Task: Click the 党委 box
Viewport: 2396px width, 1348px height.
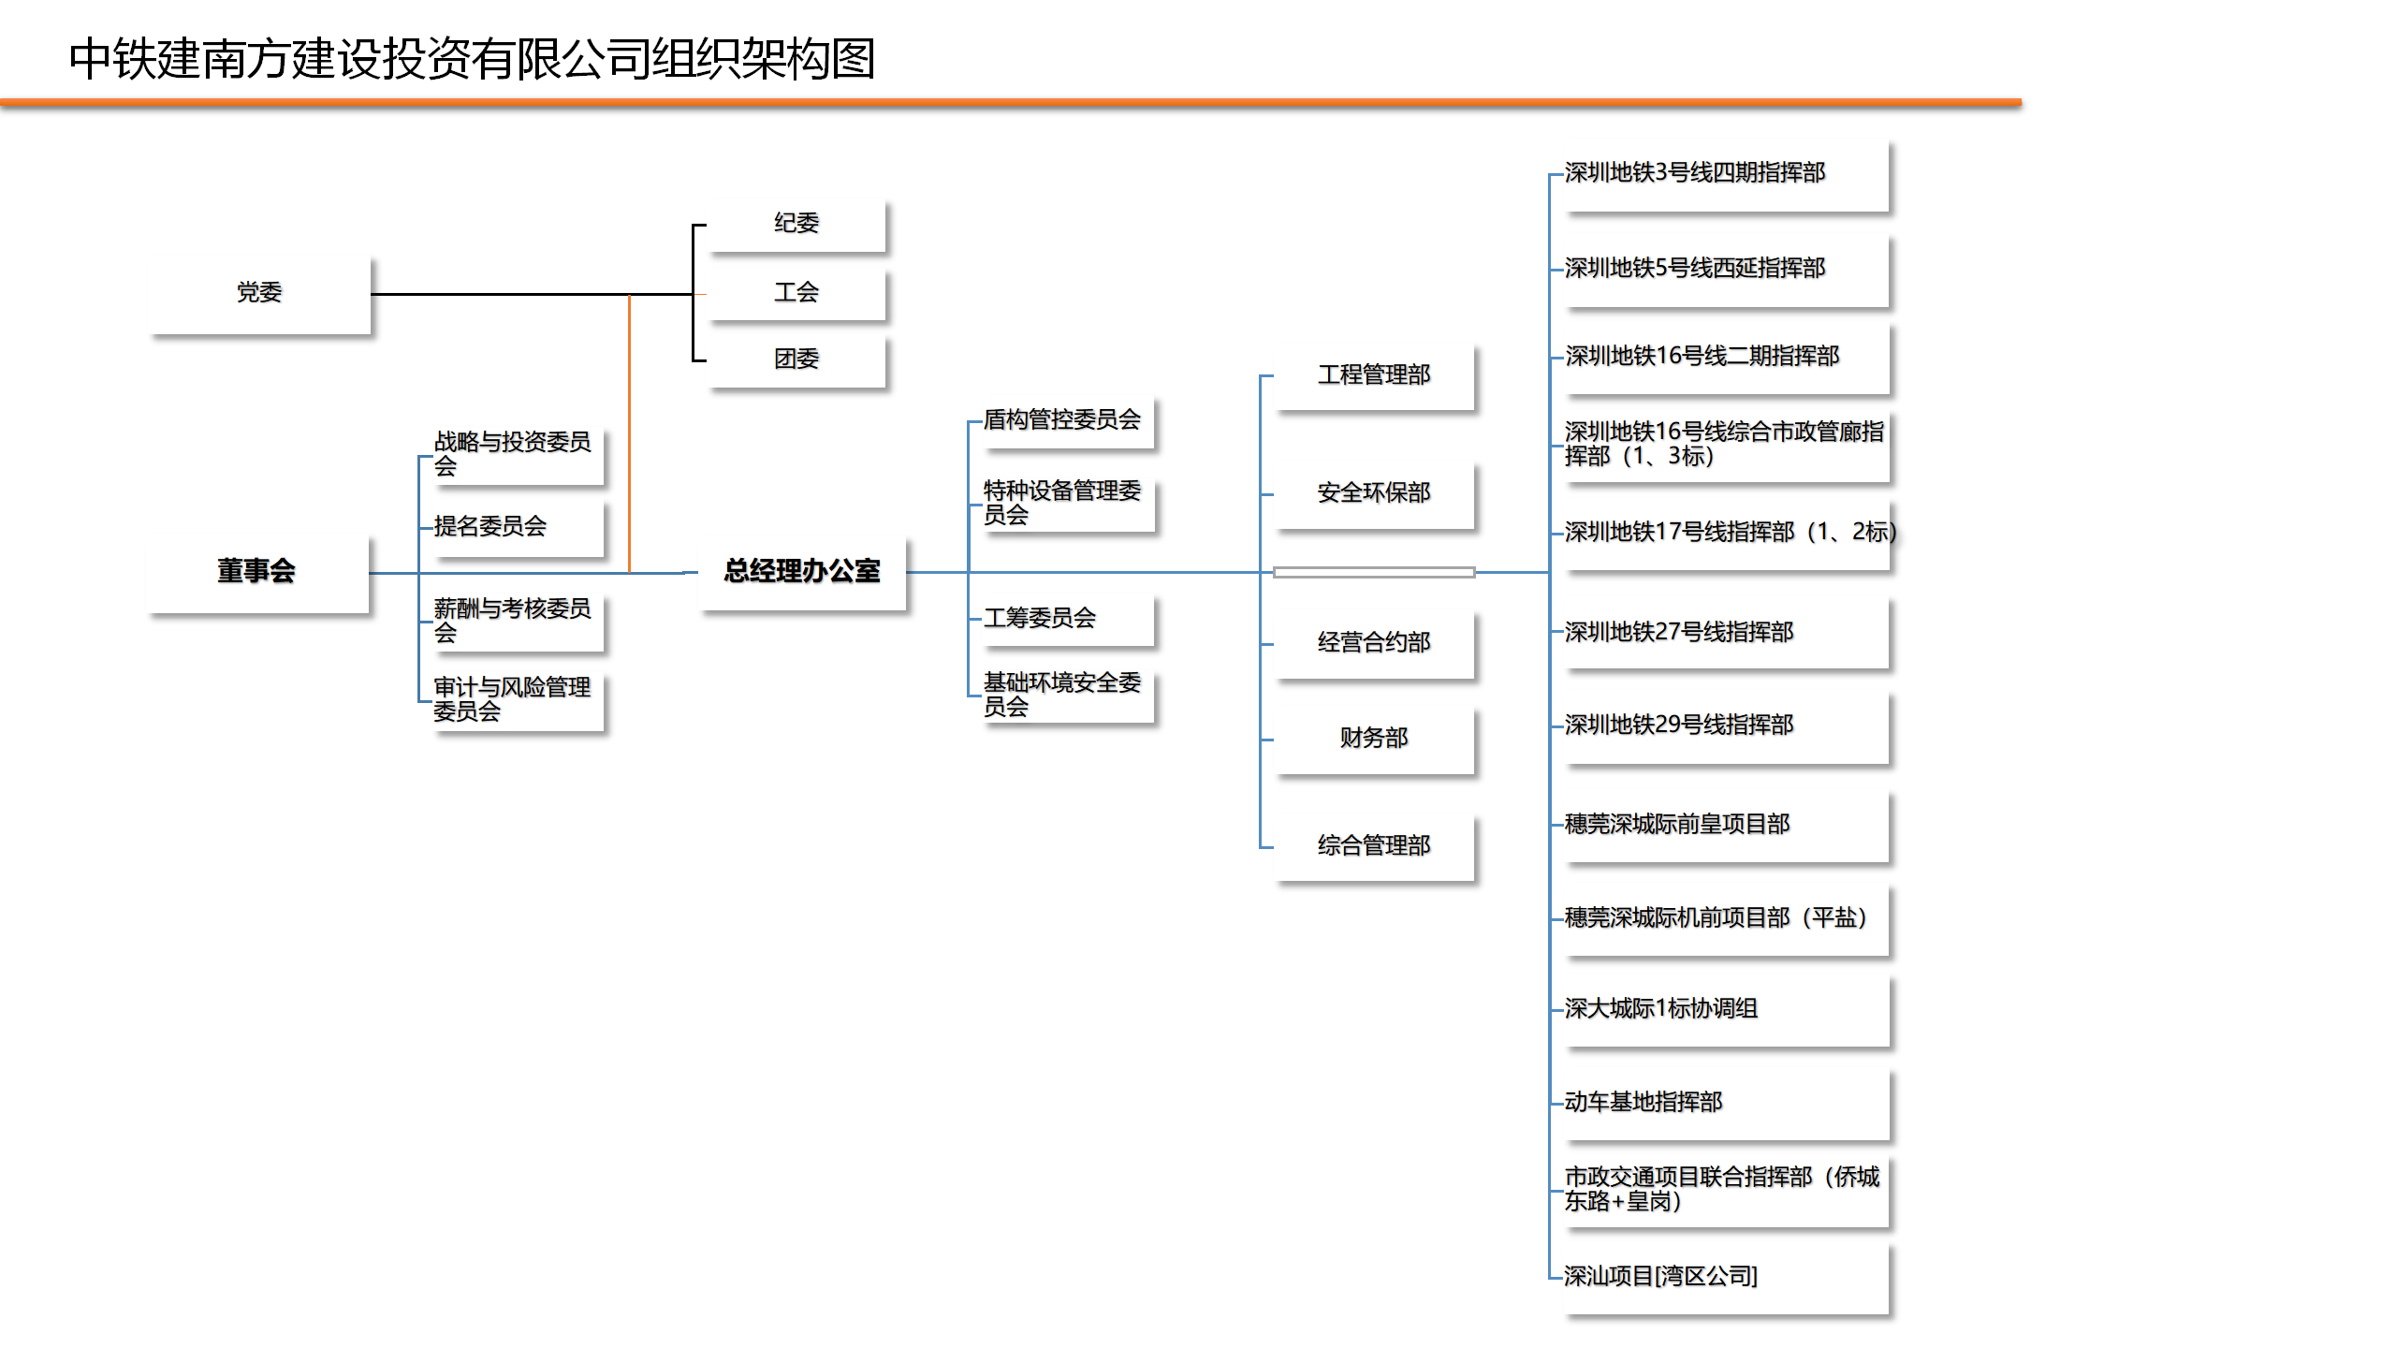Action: pos(259,293)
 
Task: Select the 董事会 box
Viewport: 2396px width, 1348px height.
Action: pos(257,572)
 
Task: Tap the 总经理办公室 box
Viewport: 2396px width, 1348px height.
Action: pos(802,572)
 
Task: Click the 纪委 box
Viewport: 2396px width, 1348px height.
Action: pos(796,224)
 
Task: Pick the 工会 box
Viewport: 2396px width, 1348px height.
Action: pos(796,293)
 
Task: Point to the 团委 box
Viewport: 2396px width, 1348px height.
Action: pos(796,359)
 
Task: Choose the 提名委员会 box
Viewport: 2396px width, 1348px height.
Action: pos(519,527)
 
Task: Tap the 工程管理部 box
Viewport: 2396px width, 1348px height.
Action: pos(1374,375)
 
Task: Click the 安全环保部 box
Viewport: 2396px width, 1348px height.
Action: pos(1374,493)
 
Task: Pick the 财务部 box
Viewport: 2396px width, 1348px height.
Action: pos(1374,739)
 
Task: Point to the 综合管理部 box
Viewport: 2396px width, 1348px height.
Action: pos(1374,846)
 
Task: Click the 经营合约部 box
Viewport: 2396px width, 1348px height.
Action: pos(1374,643)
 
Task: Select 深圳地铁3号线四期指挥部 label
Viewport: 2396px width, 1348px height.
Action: pos(1695,173)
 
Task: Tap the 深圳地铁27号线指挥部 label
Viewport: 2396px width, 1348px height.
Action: pos(1679,633)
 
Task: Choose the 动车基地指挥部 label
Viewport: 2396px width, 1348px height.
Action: pos(1644,1103)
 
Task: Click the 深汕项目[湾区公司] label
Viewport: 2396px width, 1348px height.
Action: pos(1661,1277)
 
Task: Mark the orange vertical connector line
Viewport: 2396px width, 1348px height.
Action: pos(629,433)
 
